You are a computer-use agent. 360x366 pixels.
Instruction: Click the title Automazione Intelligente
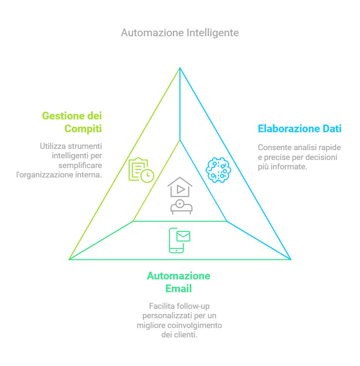[180, 33]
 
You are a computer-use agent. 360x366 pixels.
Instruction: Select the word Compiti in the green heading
[83, 128]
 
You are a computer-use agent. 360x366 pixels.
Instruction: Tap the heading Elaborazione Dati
[299, 128]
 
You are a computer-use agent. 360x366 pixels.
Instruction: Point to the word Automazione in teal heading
[179, 276]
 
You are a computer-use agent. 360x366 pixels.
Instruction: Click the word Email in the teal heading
[179, 289]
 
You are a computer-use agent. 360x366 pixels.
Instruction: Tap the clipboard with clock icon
[141, 170]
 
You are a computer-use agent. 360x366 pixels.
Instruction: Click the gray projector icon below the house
[181, 206]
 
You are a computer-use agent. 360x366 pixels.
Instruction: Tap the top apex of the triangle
[180, 67]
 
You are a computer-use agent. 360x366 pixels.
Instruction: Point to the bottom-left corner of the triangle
[69, 259]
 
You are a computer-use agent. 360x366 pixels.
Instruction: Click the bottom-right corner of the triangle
[291, 259]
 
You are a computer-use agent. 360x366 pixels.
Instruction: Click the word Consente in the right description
[273, 148]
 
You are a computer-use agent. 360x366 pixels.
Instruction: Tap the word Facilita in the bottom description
[160, 306]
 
